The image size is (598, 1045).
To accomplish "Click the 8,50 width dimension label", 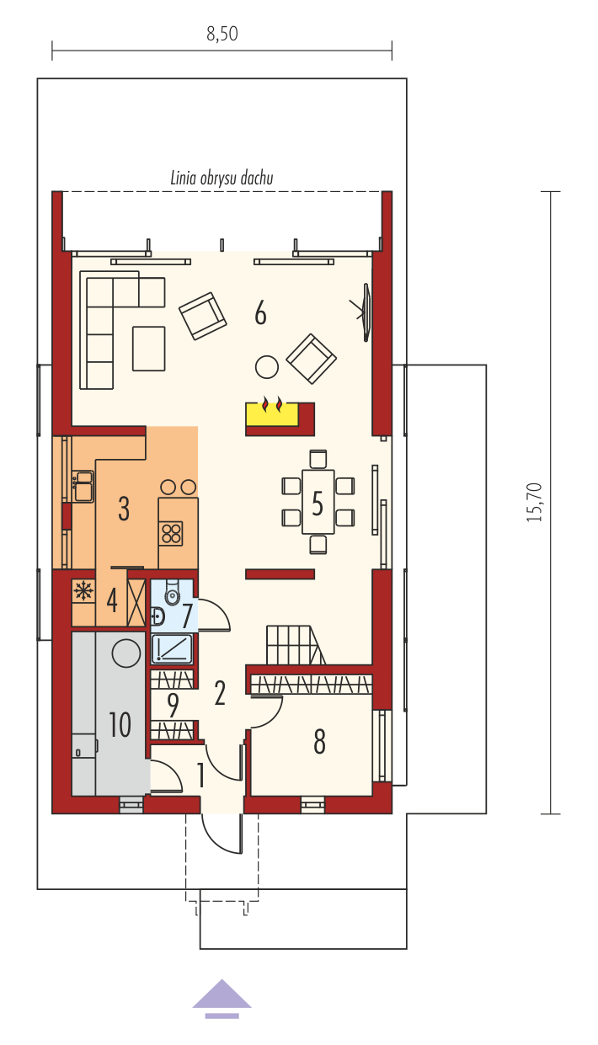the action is click(x=222, y=34).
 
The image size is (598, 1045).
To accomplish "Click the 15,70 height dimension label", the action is click(x=535, y=503).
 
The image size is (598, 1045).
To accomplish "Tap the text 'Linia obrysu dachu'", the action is click(x=222, y=179).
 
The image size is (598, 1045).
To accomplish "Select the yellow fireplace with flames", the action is click(x=272, y=413).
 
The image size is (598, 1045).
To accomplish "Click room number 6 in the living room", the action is click(x=260, y=313).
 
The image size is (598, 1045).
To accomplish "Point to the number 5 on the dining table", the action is click(x=318, y=504).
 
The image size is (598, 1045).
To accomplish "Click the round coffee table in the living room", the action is click(x=267, y=367).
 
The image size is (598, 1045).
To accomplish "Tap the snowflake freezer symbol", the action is click(x=83, y=591).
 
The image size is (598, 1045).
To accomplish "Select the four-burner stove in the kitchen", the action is click(x=171, y=534).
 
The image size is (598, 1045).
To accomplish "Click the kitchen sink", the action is click(x=83, y=487).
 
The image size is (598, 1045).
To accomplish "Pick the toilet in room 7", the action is click(x=172, y=592).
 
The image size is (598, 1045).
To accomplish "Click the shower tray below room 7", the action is click(x=172, y=649).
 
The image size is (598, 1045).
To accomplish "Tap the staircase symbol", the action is click(x=296, y=645).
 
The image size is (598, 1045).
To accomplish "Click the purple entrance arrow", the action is click(x=222, y=996).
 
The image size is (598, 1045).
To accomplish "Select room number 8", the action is click(x=319, y=742).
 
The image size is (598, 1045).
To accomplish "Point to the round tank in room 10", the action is click(x=126, y=653).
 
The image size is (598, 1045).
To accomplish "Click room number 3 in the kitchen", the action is click(x=124, y=509).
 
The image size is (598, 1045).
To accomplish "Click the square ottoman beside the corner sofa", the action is click(x=149, y=349).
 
